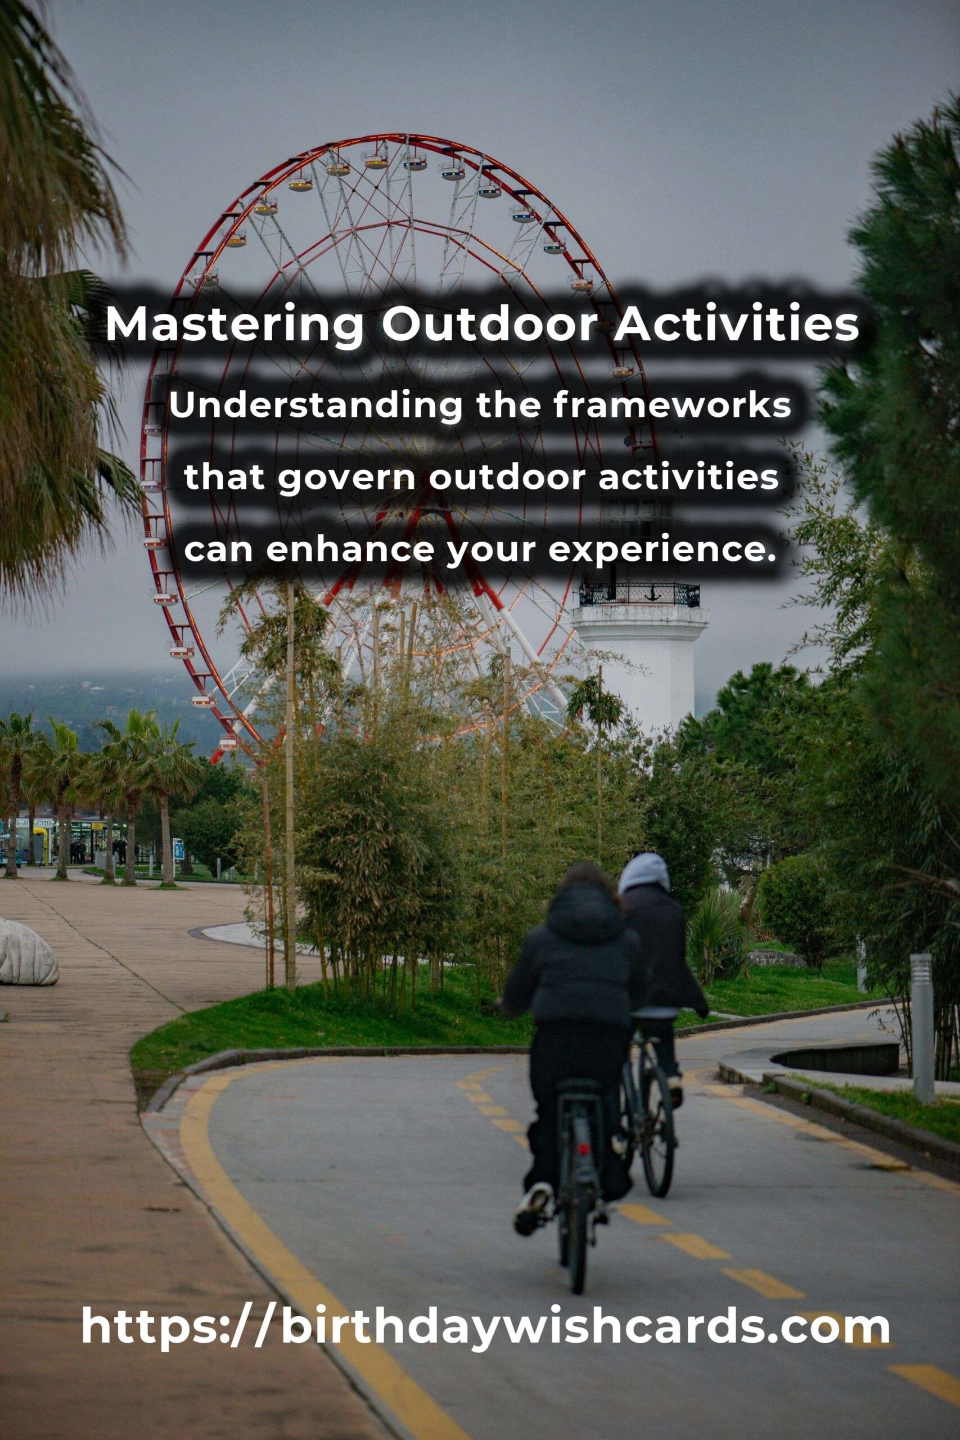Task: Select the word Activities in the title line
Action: [737, 325]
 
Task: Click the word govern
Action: [348, 478]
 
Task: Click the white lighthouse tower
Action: [638, 667]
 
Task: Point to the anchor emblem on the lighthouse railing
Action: [651, 593]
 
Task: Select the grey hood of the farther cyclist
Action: [643, 874]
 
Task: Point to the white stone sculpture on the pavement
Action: [28, 953]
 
